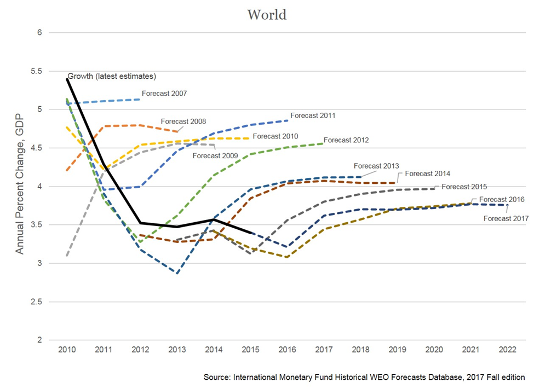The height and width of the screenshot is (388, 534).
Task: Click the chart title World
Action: [x=266, y=15]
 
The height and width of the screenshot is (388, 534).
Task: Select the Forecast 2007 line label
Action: [x=164, y=94]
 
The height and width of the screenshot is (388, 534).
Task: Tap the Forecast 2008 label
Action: [x=183, y=121]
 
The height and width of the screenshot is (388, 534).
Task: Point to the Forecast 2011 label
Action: [x=313, y=115]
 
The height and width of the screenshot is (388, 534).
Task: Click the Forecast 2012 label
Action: [x=346, y=140]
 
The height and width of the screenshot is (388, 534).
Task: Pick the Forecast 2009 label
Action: [x=215, y=155]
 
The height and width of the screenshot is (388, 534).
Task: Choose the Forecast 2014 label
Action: [x=428, y=173]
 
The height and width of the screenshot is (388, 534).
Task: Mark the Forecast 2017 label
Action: [x=506, y=218]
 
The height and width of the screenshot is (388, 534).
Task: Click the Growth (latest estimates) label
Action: [x=112, y=76]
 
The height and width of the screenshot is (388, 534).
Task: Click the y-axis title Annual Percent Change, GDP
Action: [x=20, y=186]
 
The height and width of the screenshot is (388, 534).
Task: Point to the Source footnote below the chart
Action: [x=364, y=377]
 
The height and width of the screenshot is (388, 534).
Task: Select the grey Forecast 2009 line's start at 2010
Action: [x=67, y=255]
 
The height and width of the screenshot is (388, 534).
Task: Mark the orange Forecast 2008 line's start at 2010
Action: [x=67, y=170]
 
